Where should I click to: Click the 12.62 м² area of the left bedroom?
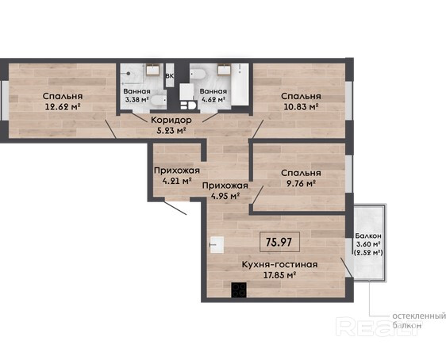click(62, 107)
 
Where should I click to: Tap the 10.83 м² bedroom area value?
click(301, 107)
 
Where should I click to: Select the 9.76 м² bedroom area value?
click(301, 183)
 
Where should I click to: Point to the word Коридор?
click(171, 121)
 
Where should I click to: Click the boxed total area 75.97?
click(279, 242)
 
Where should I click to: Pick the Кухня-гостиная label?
click(279, 265)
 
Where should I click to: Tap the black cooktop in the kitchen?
click(239, 289)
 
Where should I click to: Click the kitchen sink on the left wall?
click(217, 245)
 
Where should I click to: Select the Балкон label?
click(368, 236)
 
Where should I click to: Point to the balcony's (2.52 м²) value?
click(368, 252)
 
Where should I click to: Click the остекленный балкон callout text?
click(419, 320)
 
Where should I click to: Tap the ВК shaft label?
click(170, 76)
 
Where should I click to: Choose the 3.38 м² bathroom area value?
click(136, 100)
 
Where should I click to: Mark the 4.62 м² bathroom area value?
click(213, 100)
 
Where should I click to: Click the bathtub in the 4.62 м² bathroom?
click(240, 84)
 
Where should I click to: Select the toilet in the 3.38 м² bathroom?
click(159, 101)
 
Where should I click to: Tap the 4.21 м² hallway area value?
click(177, 181)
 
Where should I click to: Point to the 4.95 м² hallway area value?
click(225, 196)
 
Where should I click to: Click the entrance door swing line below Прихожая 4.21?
click(175, 208)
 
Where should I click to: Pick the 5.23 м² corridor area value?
click(171, 131)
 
